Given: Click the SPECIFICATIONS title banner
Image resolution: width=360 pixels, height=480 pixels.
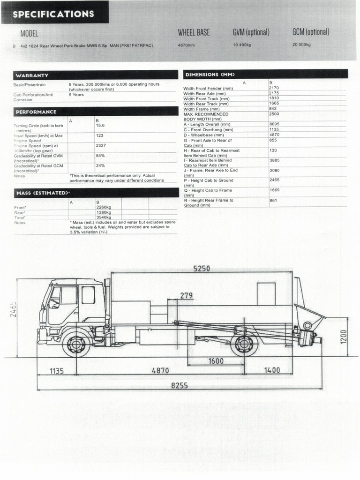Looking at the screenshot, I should pos(53,14).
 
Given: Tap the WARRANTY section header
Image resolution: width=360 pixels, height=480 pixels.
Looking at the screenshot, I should pos(32,75).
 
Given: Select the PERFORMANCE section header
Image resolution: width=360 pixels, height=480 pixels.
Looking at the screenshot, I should pos(36,112).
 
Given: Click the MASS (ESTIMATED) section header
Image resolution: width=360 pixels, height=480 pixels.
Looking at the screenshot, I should pos(43,193).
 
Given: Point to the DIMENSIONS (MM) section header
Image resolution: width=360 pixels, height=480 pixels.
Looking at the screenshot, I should pos(210,75).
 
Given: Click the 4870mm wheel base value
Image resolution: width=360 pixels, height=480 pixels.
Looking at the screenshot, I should pos(186,45).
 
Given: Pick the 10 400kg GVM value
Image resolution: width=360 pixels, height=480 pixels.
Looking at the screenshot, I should pos(243,45).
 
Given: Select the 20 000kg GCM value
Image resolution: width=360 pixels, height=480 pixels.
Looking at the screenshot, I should pos(301,45).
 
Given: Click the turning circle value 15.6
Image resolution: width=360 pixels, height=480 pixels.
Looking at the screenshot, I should pos(100,126).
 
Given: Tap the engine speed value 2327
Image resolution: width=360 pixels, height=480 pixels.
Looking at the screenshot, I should pos(101,145).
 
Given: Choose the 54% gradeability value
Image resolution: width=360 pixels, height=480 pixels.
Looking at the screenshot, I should pos(100,155).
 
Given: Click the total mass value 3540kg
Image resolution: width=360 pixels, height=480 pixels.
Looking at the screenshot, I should pos(104,217).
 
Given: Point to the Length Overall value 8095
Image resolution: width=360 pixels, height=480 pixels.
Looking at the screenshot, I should pos(274,124).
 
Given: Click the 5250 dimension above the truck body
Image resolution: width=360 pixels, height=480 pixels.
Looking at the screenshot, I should pos(202,269).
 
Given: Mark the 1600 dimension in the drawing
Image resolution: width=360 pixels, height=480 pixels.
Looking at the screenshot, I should pos(216,361).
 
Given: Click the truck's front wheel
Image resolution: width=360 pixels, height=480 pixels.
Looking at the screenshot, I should pos(76,344).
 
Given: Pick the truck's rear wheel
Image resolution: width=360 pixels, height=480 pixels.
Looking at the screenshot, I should pos(244,344).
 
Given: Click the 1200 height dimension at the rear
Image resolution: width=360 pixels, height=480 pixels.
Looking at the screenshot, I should pos(344,336).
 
